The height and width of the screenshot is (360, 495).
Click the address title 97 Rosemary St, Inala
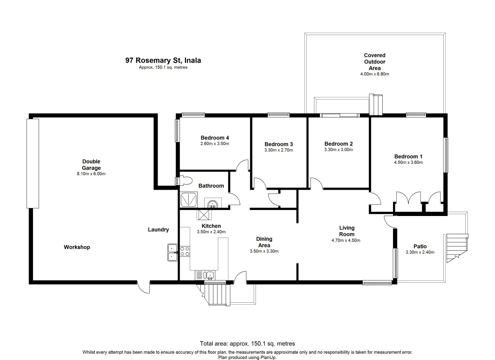(x=163, y=60)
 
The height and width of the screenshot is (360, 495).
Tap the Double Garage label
(x=91, y=165)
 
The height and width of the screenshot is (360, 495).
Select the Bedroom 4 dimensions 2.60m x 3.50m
(x=215, y=144)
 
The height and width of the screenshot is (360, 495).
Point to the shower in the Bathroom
(x=189, y=200)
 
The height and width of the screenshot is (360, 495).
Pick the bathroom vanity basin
(x=212, y=203)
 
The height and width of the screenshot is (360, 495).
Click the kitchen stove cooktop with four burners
(x=185, y=251)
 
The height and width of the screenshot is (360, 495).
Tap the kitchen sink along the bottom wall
(x=210, y=275)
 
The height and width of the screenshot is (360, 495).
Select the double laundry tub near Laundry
(x=172, y=252)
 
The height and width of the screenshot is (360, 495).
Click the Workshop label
(x=77, y=247)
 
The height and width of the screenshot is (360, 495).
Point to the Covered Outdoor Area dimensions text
(x=374, y=74)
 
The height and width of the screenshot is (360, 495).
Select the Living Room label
(x=347, y=231)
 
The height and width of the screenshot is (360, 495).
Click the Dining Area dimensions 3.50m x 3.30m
(x=264, y=251)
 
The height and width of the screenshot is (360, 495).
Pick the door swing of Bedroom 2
(x=316, y=184)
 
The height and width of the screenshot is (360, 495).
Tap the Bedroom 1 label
(x=408, y=156)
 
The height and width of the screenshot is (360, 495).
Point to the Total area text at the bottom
(x=247, y=343)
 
